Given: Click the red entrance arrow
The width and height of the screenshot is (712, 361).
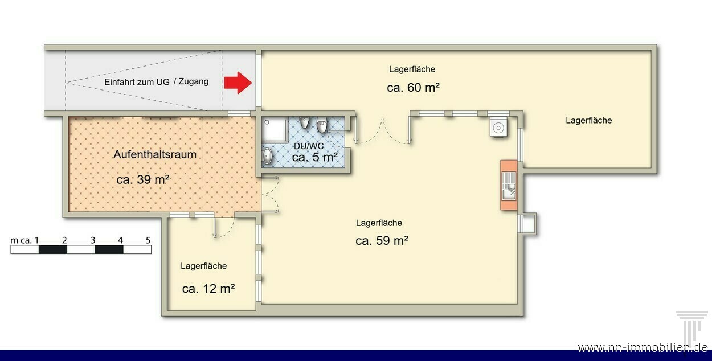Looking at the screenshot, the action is tap(238, 83).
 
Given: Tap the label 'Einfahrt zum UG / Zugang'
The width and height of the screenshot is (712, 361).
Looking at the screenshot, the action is tap(157, 81).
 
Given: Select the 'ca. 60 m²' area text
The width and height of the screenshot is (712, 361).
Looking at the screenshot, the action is tap(413, 87).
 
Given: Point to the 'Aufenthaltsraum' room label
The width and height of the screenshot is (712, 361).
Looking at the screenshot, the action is tap(155, 154).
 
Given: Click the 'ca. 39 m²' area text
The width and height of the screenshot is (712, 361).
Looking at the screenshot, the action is tap(143, 179).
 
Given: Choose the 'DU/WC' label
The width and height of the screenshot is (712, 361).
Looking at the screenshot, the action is tap(309, 146).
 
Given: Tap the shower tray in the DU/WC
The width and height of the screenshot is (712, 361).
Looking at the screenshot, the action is tap(275, 129).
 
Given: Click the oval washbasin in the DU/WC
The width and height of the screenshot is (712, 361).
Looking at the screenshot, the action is tap(267, 156).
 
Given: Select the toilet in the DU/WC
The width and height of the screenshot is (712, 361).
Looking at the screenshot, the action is tap(322, 125).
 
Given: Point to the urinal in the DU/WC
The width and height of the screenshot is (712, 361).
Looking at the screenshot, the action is tap(305, 122).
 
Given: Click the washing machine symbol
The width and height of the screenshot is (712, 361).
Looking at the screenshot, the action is tap(498, 127).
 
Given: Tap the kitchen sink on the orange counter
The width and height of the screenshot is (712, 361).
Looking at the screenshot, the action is tap(509, 190).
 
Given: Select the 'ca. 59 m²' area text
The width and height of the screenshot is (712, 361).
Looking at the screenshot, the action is tap(382, 240).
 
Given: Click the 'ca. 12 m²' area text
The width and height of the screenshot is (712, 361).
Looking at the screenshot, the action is tap(208, 289).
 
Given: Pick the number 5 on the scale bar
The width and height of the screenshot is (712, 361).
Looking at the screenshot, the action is tap(148, 240).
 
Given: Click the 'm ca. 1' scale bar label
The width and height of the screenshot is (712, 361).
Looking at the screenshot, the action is tap(24, 240).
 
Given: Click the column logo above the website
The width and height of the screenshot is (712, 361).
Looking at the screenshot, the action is tap(691, 327).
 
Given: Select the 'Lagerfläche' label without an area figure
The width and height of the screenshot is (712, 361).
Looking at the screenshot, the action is tap(588, 121).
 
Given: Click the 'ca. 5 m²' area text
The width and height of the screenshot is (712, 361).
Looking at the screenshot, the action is tap(314, 157).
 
